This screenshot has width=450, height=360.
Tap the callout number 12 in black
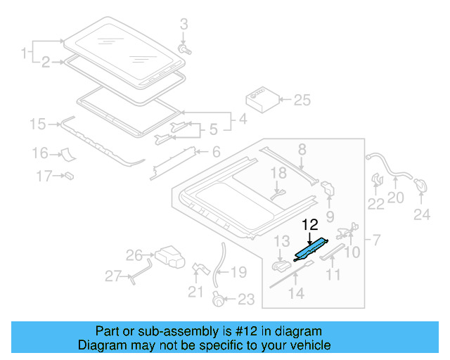click(310, 225)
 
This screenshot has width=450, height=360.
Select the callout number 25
click(302, 101)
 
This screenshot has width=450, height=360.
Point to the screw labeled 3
click(186, 50)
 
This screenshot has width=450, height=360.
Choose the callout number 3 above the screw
click(184, 25)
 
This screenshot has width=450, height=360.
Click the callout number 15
click(37, 124)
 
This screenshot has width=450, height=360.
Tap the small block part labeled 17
click(70, 174)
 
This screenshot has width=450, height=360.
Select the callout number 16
click(39, 153)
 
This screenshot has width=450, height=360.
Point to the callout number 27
click(113, 276)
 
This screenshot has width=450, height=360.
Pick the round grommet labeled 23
click(219, 300)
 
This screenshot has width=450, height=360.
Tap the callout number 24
click(421, 214)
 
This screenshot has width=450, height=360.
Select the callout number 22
click(376, 204)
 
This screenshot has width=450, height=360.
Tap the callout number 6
click(216, 152)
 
